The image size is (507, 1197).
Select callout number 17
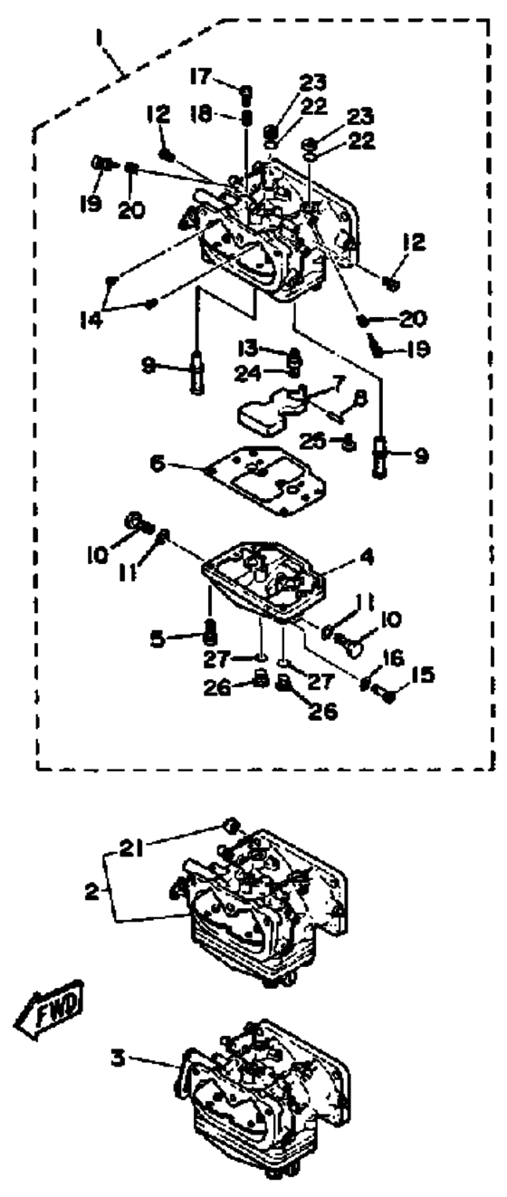point(201,78)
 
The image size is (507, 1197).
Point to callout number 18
point(201,114)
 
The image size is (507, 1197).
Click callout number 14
point(91,321)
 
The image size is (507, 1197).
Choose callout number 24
point(248,374)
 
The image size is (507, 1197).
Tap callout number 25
point(313,441)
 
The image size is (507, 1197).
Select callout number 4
point(367,558)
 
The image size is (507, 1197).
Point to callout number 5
point(158,639)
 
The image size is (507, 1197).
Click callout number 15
point(423,675)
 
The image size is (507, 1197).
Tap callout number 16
point(393,658)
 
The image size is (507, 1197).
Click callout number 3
point(118,1057)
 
